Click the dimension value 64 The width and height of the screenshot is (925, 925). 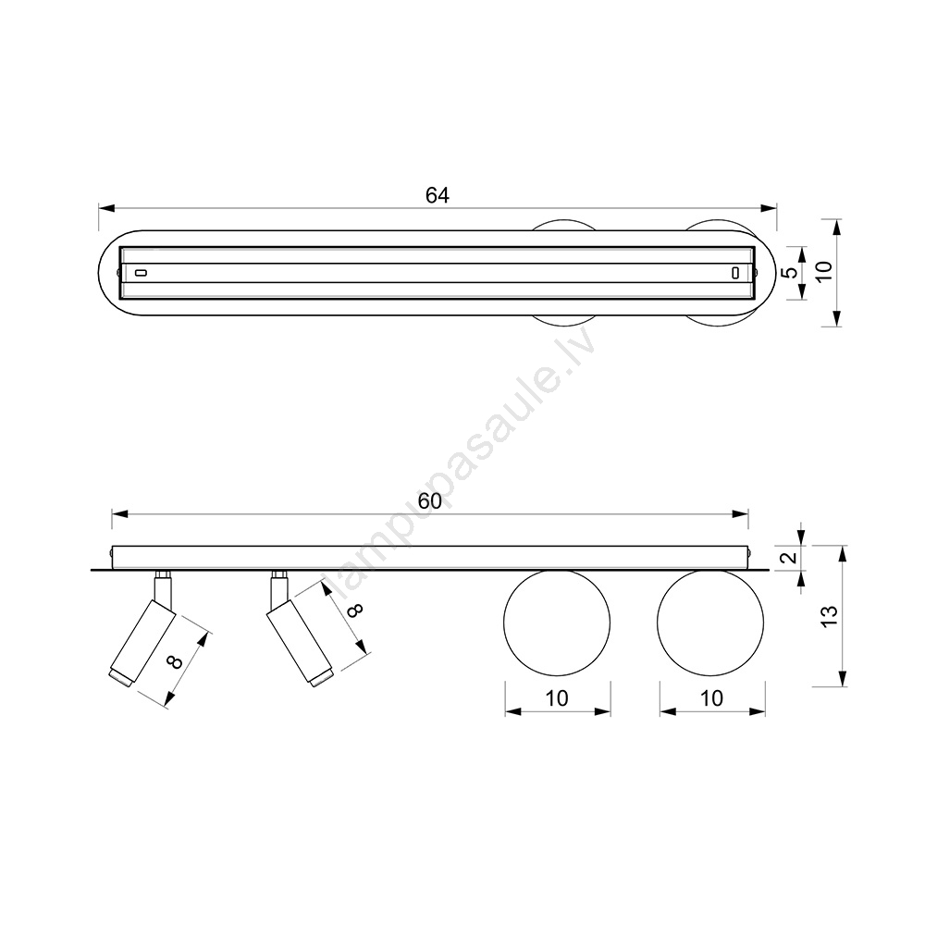[438, 195]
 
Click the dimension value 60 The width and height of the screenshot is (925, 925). [429, 500]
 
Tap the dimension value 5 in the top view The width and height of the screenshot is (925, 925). [793, 273]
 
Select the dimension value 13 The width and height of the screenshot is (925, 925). [830, 616]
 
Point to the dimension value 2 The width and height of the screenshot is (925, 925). [792, 557]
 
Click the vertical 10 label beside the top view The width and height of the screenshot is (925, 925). [825, 271]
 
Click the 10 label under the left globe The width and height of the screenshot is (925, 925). [556, 698]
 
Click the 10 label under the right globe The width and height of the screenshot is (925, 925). [711, 698]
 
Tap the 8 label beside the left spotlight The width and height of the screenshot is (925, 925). [174, 662]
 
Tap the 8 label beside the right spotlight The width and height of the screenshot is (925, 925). [355, 610]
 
